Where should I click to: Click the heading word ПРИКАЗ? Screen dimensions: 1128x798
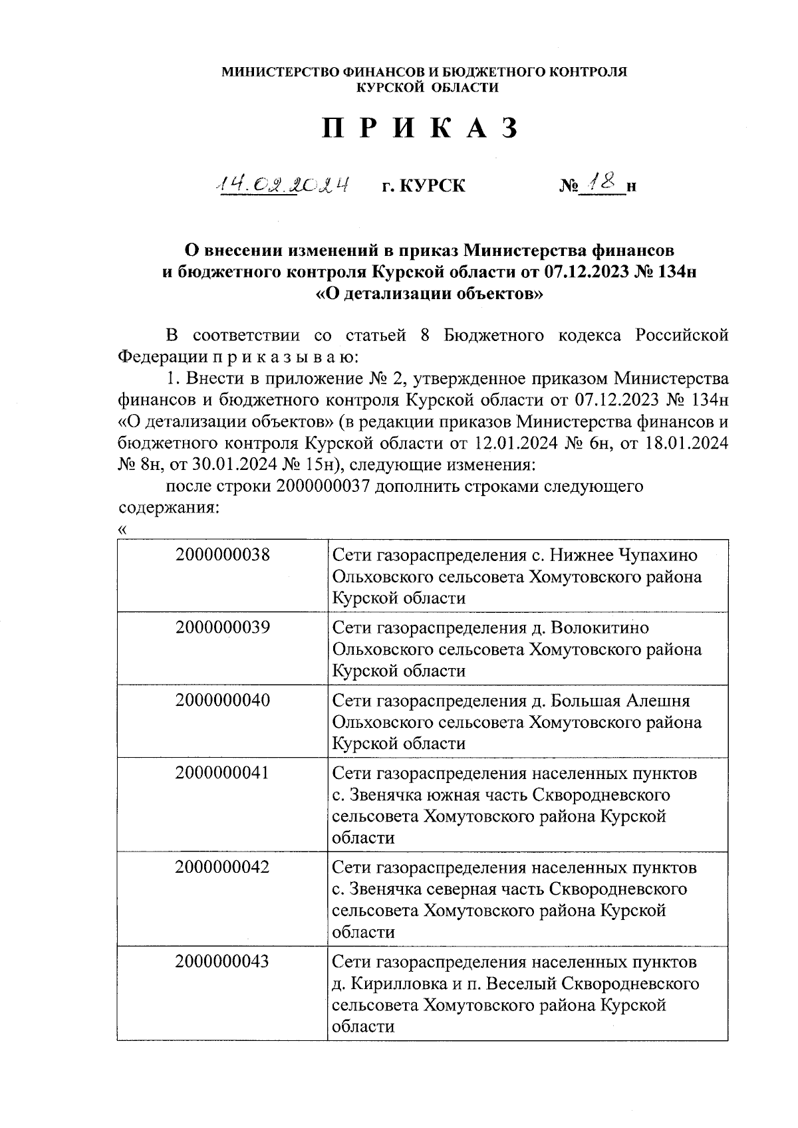pyautogui.click(x=420, y=128)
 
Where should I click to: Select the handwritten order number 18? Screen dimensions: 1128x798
pyautogui.click(x=603, y=181)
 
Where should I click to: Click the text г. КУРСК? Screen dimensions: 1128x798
pyautogui.click(x=424, y=185)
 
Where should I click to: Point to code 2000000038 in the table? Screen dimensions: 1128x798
pyautogui.click(x=223, y=555)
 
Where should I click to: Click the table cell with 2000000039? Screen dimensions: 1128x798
pyautogui.click(x=223, y=627)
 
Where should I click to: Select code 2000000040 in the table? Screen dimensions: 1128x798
pyautogui.click(x=223, y=700)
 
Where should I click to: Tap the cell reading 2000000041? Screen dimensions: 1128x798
pyautogui.click(x=223, y=773)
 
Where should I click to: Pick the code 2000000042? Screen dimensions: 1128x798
pyautogui.click(x=223, y=867)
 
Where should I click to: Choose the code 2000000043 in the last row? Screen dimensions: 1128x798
pyautogui.click(x=223, y=961)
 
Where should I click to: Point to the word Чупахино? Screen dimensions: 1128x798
pyautogui.click(x=658, y=556)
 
